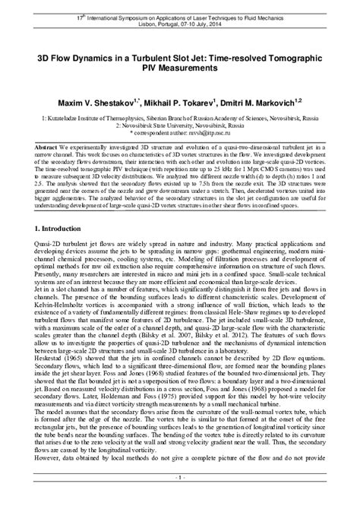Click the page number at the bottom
(179, 499)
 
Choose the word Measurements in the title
(180, 68)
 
